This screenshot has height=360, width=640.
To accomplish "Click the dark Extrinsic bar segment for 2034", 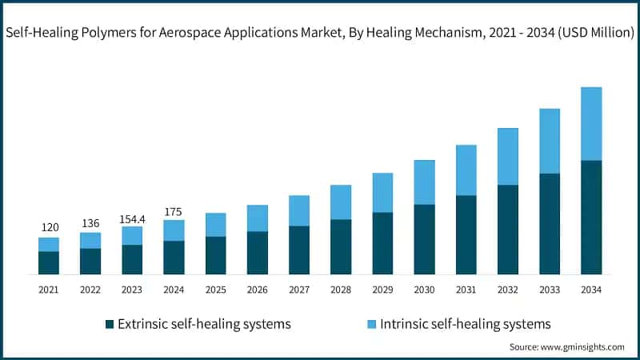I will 591,218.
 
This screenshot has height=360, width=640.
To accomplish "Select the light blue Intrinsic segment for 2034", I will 591,123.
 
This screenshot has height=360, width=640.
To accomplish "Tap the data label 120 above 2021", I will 49,227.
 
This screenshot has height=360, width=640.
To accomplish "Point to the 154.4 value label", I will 132,217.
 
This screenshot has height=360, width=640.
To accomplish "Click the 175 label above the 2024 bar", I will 174,211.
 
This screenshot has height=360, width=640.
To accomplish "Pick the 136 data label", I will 90,222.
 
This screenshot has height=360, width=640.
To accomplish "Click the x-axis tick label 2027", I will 299,289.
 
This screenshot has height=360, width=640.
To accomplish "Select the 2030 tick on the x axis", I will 424,289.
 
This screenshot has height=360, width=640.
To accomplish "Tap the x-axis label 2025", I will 215,289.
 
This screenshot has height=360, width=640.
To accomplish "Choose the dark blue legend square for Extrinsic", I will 109,324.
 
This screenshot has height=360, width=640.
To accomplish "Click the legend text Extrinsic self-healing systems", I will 204,324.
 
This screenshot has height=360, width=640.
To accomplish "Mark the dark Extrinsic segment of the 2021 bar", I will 49,263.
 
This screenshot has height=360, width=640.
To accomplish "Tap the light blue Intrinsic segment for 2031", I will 466,170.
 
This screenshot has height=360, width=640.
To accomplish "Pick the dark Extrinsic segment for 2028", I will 341,247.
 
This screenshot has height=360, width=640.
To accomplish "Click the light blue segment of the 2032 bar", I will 508,156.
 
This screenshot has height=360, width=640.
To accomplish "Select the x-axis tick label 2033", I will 550,289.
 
